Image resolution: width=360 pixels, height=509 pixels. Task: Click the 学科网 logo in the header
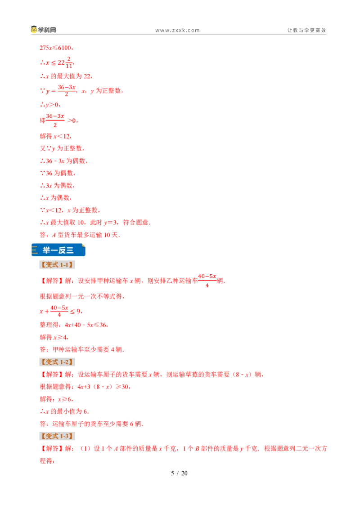click(x=44, y=30)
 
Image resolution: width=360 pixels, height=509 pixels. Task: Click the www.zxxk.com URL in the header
click(x=177, y=31)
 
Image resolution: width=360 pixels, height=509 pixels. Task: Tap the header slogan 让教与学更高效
click(x=306, y=31)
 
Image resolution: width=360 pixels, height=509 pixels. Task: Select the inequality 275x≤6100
click(x=56, y=48)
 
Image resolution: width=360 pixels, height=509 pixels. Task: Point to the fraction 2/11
click(x=69, y=63)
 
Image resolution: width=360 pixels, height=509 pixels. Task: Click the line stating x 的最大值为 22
click(x=66, y=76)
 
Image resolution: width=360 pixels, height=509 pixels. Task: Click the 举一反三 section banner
click(x=58, y=250)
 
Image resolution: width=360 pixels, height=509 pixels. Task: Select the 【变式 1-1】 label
click(x=57, y=265)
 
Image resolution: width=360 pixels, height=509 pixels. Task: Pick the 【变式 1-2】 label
click(x=57, y=362)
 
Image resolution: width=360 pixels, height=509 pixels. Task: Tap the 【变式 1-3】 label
click(x=57, y=436)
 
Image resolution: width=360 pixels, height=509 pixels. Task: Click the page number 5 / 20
click(x=180, y=473)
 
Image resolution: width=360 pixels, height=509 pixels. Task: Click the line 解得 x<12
click(x=55, y=136)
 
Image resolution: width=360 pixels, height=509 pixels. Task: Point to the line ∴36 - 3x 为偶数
click(x=64, y=161)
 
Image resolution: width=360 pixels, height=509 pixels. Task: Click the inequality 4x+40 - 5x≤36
click(x=86, y=325)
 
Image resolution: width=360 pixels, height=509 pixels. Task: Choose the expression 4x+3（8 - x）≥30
click(x=104, y=387)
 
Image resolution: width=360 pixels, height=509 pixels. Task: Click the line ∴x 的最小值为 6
click(x=64, y=411)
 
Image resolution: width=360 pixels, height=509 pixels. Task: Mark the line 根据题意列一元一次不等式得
click(x=82, y=296)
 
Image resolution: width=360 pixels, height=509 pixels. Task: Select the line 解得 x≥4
click(x=54, y=337)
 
